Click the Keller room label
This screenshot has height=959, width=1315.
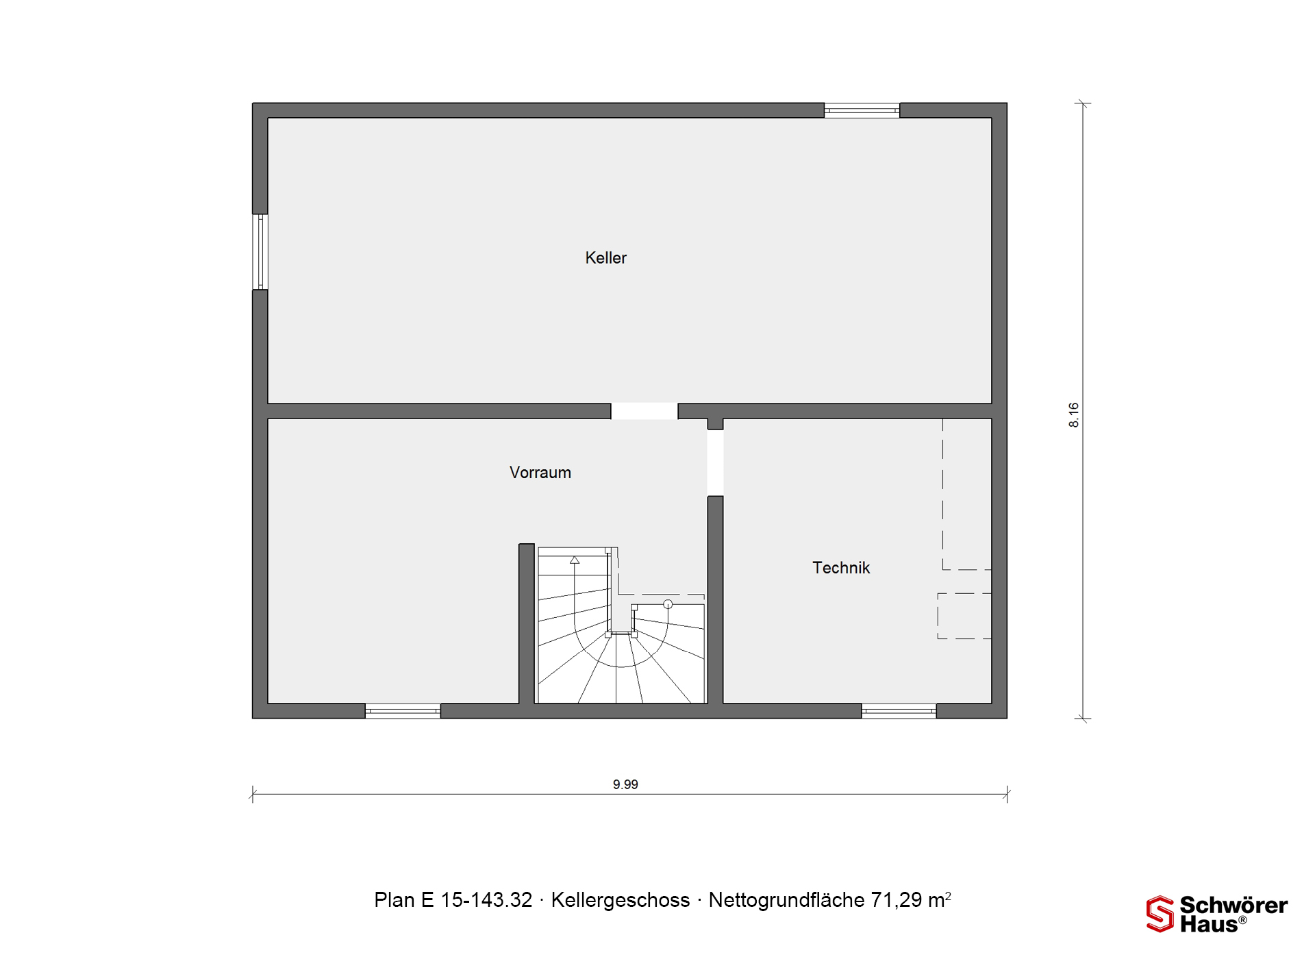click(x=605, y=258)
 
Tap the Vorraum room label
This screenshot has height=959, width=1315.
click(x=540, y=473)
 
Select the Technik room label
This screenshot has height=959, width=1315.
click(x=841, y=568)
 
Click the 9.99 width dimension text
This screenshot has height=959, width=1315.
click(x=625, y=784)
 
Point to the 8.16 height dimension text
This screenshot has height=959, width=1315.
click(x=1073, y=415)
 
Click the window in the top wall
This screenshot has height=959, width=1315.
click(x=862, y=110)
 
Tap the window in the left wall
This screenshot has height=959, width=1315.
click(x=260, y=252)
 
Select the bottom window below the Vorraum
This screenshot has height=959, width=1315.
click(x=403, y=711)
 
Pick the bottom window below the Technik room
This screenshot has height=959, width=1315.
click(x=899, y=711)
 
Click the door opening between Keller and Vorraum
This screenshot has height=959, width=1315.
click(x=644, y=411)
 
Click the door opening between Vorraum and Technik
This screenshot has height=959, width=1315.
click(x=715, y=462)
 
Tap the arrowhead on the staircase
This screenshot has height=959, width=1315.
click(x=575, y=560)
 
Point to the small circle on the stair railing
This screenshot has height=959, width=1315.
click(x=668, y=604)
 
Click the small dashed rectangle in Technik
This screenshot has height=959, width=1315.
click(x=964, y=616)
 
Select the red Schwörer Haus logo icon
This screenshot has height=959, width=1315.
click(x=1160, y=914)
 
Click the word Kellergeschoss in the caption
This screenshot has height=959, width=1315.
click(x=621, y=900)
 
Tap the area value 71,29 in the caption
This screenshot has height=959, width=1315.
click(x=897, y=900)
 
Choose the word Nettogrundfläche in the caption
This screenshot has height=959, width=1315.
click(x=787, y=900)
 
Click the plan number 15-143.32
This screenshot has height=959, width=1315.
click(x=486, y=900)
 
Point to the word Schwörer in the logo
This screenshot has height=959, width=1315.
click(x=1233, y=906)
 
